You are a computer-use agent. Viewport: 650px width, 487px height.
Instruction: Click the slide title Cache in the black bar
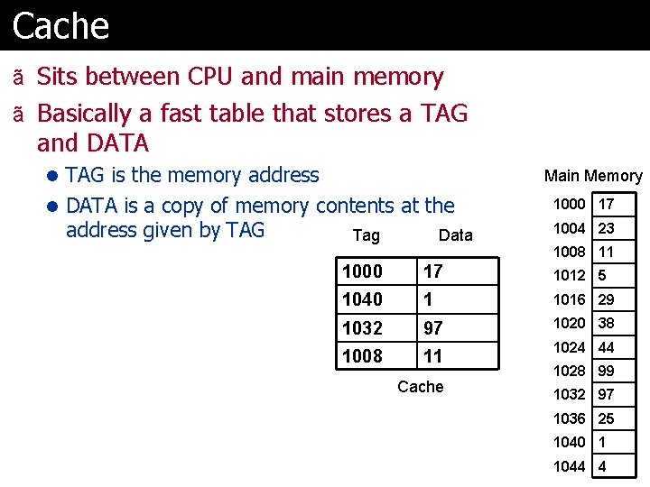click(x=61, y=25)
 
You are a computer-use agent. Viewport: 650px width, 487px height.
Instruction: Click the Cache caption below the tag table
click(x=421, y=387)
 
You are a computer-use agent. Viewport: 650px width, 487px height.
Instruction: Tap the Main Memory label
click(x=593, y=176)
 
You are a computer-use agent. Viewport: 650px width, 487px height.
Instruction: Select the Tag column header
click(x=366, y=235)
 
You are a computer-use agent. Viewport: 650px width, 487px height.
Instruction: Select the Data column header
click(x=455, y=235)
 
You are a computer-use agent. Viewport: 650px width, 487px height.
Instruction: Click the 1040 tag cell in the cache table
click(x=363, y=299)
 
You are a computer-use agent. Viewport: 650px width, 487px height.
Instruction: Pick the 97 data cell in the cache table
click(x=433, y=327)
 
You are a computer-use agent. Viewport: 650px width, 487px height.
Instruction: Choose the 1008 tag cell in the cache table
click(x=363, y=356)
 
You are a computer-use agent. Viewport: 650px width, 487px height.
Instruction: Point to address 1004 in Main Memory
click(x=570, y=228)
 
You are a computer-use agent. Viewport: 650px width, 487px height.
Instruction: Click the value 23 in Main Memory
click(x=607, y=228)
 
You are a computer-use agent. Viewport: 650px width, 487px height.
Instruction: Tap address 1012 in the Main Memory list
click(x=570, y=275)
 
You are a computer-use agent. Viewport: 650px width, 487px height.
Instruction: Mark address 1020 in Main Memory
click(x=570, y=323)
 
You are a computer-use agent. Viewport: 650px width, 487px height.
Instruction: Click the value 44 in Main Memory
click(x=607, y=347)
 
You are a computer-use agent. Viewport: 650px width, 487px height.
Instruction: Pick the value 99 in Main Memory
click(x=607, y=371)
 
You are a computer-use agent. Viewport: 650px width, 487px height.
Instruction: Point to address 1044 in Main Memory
click(x=570, y=466)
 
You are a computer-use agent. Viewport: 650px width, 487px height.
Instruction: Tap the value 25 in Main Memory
click(x=607, y=418)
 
